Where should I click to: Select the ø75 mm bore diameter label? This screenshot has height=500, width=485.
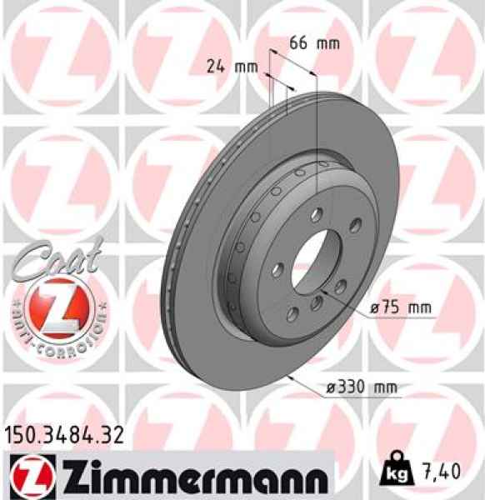(x=402, y=307)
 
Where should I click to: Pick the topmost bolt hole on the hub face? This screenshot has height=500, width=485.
(x=314, y=215)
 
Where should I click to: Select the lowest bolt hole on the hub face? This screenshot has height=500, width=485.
(x=294, y=314)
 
